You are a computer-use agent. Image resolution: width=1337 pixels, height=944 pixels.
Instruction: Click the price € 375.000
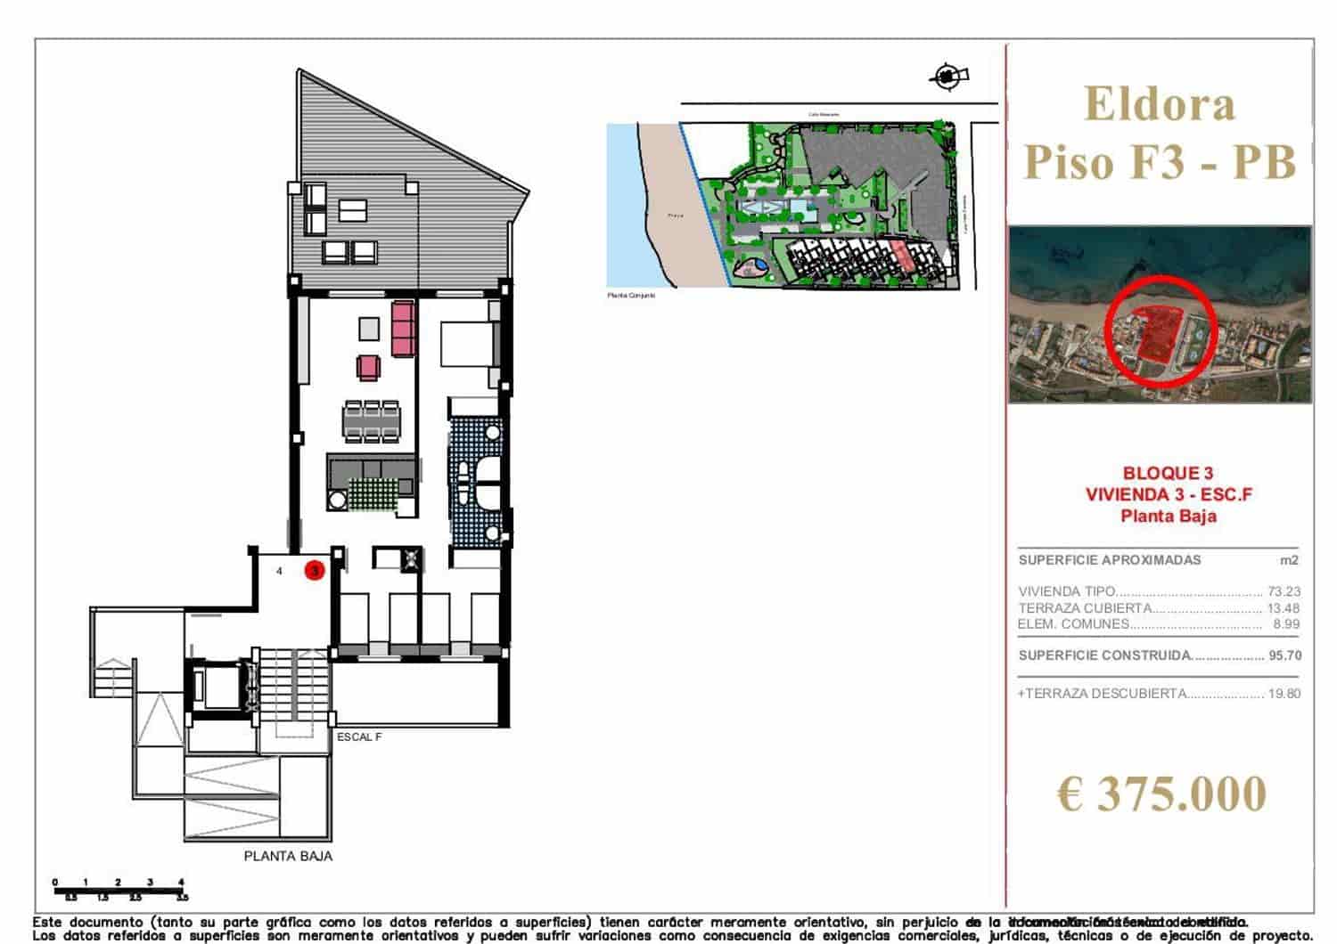[x=1161, y=794]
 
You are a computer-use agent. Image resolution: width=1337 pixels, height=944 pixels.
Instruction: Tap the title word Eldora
[x=1160, y=104]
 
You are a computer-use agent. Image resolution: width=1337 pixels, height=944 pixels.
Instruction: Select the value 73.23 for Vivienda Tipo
[x=1284, y=591]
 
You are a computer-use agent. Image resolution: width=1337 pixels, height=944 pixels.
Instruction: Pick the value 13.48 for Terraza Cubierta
[x=1284, y=608]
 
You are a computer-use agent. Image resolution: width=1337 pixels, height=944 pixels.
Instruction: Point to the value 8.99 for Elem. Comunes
[x=1286, y=624]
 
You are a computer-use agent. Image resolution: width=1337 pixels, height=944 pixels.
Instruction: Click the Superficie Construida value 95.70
[x=1284, y=655]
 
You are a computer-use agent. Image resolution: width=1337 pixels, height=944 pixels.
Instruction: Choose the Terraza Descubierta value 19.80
[x=1284, y=694]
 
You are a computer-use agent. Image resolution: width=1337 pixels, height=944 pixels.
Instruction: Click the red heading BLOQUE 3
[x=1168, y=474]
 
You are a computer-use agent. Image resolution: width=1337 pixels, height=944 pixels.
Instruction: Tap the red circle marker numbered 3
[x=314, y=570]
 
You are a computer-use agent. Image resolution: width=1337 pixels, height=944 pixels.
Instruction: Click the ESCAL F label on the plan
[x=359, y=737]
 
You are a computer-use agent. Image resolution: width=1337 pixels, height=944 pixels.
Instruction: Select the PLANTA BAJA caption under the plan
[x=288, y=856]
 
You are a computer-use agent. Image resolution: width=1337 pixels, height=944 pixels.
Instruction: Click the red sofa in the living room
[x=403, y=328]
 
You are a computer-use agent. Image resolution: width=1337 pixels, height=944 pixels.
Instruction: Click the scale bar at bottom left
[x=119, y=889]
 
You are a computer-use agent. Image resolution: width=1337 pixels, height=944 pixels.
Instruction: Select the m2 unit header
[x=1288, y=560]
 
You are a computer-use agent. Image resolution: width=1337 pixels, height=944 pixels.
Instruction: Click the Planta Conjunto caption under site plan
[x=631, y=295]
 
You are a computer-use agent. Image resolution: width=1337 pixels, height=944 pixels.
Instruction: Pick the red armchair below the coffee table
[x=368, y=367]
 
